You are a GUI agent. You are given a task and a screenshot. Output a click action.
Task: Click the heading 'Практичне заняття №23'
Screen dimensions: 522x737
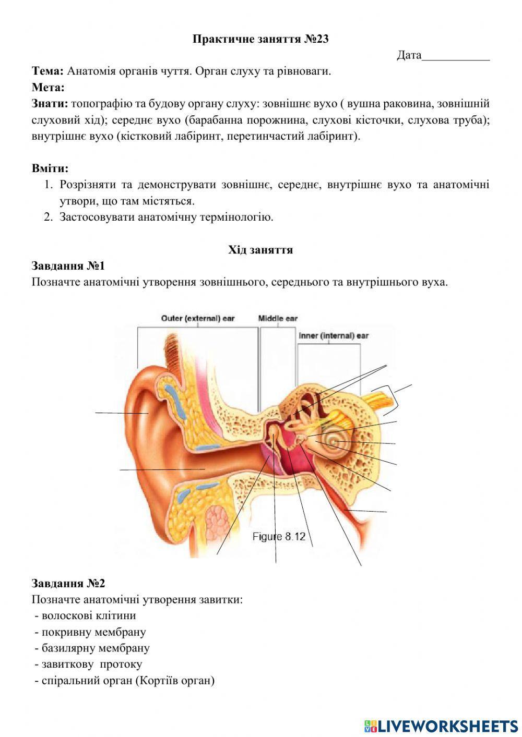click(260, 39)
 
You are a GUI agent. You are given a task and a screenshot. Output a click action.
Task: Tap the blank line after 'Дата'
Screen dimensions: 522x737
click(456, 56)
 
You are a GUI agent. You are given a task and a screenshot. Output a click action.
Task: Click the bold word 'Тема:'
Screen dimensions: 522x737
click(48, 71)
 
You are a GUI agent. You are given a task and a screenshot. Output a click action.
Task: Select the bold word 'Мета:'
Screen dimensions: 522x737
click(48, 87)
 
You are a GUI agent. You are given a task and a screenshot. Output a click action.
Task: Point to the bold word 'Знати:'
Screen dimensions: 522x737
click(50, 103)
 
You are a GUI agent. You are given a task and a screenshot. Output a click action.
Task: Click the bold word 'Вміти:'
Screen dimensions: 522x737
click(50, 168)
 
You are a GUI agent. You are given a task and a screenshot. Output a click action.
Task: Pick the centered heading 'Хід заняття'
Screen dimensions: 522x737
click(260, 250)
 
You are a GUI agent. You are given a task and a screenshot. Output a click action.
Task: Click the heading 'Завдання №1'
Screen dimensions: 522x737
click(68, 266)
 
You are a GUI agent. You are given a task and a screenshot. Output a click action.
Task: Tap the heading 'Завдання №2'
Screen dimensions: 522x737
click(68, 583)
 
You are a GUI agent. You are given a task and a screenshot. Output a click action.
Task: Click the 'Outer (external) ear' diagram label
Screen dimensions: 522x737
click(198, 318)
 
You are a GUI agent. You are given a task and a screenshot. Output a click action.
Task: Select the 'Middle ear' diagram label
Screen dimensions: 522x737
click(278, 318)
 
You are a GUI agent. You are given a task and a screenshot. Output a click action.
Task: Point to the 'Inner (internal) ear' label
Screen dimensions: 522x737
click(334, 335)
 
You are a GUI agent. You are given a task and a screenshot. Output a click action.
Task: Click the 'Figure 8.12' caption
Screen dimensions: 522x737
click(279, 536)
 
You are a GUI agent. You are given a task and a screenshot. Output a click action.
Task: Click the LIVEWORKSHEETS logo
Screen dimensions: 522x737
click(441, 726)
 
